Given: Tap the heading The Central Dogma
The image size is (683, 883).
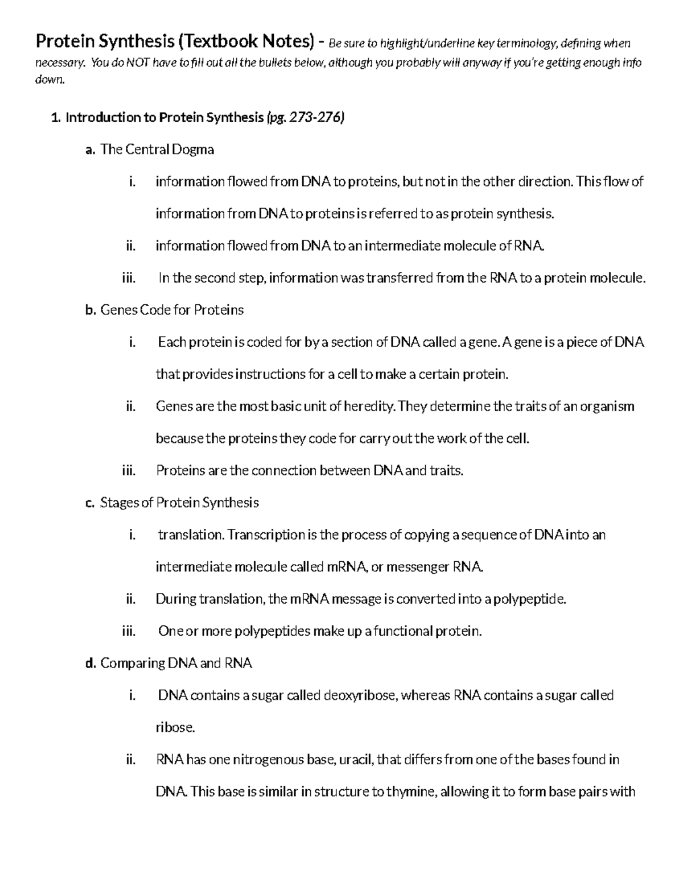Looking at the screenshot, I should (157, 150).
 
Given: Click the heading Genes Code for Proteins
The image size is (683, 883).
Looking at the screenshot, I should (172, 310).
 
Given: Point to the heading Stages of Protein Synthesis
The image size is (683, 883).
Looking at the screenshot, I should (179, 503).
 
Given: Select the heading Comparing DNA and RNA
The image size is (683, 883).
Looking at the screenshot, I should (176, 663).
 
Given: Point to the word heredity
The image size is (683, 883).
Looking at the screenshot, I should (369, 407).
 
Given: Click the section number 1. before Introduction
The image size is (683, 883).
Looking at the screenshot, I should (55, 118).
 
